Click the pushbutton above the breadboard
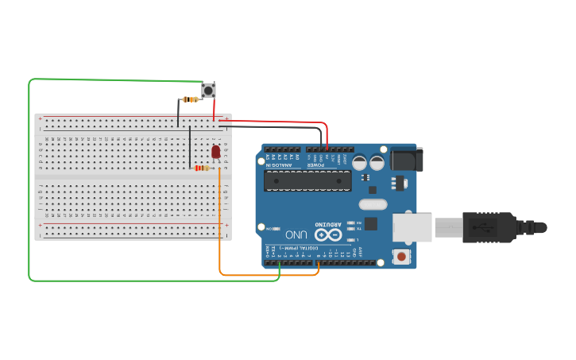click(210, 90)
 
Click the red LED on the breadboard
click(215, 151)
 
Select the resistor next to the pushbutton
click(191, 99)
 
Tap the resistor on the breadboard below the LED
click(203, 168)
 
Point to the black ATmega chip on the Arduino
click(308, 180)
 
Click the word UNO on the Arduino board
click(296, 234)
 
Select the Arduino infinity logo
click(327, 234)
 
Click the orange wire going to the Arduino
click(220, 238)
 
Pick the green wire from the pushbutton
click(30, 183)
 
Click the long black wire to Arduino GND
click(270, 127)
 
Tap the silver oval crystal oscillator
click(372, 204)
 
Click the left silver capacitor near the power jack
click(360, 162)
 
